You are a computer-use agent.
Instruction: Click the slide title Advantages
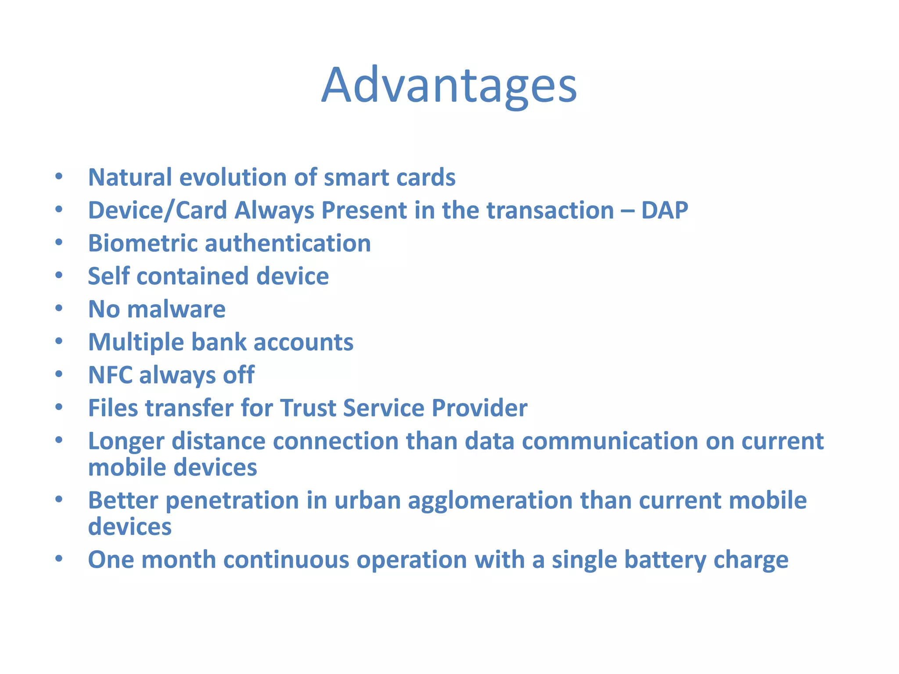click(x=449, y=85)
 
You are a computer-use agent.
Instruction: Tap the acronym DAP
click(x=664, y=210)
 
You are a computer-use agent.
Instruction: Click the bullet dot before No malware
click(x=59, y=308)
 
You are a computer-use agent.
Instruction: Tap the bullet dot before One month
click(x=59, y=559)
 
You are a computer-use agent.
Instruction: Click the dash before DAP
click(x=627, y=211)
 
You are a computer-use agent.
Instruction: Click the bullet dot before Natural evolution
click(x=59, y=176)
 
